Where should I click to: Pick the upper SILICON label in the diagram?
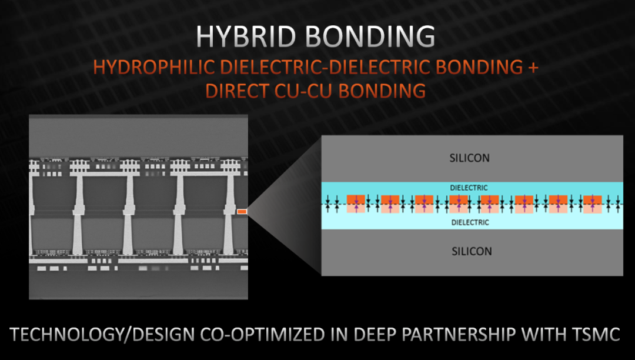[472, 158]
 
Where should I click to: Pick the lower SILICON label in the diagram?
[472, 251]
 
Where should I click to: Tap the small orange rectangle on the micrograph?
[242, 211]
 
